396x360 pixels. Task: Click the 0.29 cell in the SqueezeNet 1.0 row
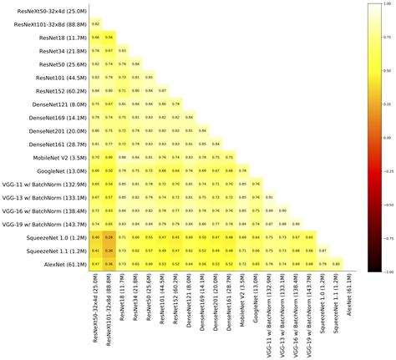tap(109, 237)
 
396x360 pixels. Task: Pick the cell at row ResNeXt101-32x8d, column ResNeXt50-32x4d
tap(96, 24)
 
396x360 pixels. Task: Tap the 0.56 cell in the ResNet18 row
tap(109, 38)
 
